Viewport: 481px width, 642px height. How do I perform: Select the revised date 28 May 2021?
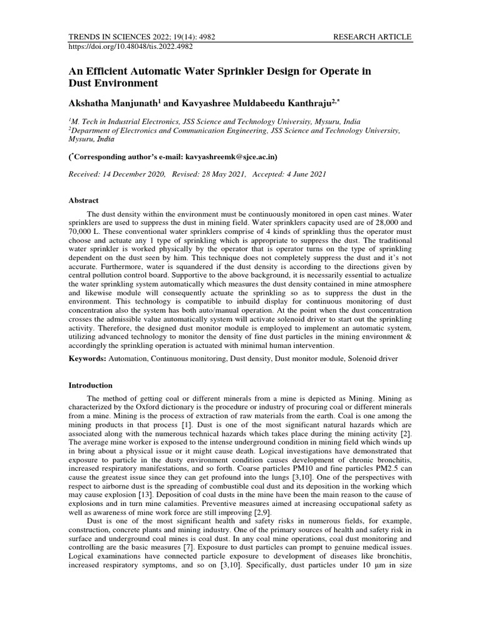coord(220,174)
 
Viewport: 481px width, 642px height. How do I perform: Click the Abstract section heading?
coord(83,201)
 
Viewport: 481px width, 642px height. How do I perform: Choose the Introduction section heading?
coord(90,385)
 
